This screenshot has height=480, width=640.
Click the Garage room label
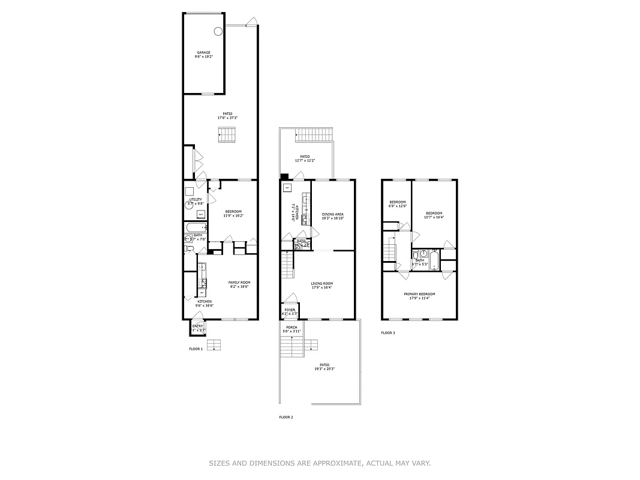[x=204, y=52]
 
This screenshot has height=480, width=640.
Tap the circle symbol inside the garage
[x=218, y=31]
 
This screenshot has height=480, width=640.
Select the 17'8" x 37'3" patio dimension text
[x=227, y=118]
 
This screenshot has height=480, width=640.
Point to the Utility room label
[x=196, y=199]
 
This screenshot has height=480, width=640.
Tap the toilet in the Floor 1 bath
[x=188, y=248]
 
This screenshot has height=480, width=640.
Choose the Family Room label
[x=239, y=283]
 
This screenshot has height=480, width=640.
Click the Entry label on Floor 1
[x=197, y=326]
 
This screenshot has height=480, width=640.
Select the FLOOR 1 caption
[x=196, y=349]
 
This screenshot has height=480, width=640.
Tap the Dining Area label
[x=332, y=214]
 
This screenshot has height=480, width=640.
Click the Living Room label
[x=321, y=283]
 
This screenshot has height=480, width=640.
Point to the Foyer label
[x=289, y=310]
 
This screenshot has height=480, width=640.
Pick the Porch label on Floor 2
[x=292, y=327]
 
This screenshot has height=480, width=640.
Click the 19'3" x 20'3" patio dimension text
[x=324, y=369]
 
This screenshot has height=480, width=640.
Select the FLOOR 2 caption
[x=286, y=417]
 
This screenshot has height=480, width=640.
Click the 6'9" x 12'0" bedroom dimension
[x=398, y=206]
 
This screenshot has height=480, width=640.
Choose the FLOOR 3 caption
[x=388, y=332]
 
